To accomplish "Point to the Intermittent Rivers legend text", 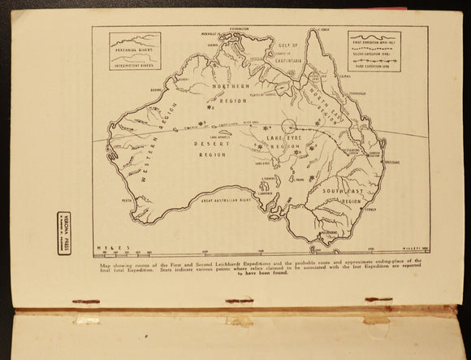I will tap(135, 67).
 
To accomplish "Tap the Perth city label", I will tap(127, 199).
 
